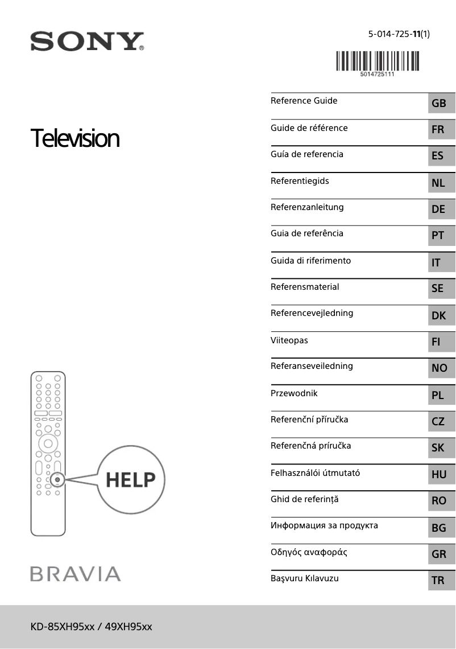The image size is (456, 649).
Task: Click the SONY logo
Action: (x=87, y=42)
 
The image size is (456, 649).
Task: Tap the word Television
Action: (x=75, y=138)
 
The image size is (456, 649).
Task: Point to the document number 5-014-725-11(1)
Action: (x=399, y=34)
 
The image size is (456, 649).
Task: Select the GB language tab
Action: (x=439, y=104)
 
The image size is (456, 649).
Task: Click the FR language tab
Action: (x=438, y=130)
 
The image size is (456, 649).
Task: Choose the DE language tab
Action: (x=438, y=209)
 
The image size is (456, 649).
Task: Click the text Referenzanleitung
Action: (x=307, y=207)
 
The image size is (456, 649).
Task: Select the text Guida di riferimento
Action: (x=310, y=261)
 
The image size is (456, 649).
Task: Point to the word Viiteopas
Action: (x=289, y=340)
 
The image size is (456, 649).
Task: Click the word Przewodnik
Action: (x=294, y=393)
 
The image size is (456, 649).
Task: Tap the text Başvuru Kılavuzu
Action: (x=304, y=578)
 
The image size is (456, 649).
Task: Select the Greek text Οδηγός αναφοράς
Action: (x=309, y=552)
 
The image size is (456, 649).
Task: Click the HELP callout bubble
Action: (x=130, y=480)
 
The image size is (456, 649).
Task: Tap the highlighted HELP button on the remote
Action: (x=57, y=480)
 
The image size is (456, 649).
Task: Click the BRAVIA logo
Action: (x=75, y=574)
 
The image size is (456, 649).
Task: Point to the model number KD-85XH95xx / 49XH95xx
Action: (x=91, y=627)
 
